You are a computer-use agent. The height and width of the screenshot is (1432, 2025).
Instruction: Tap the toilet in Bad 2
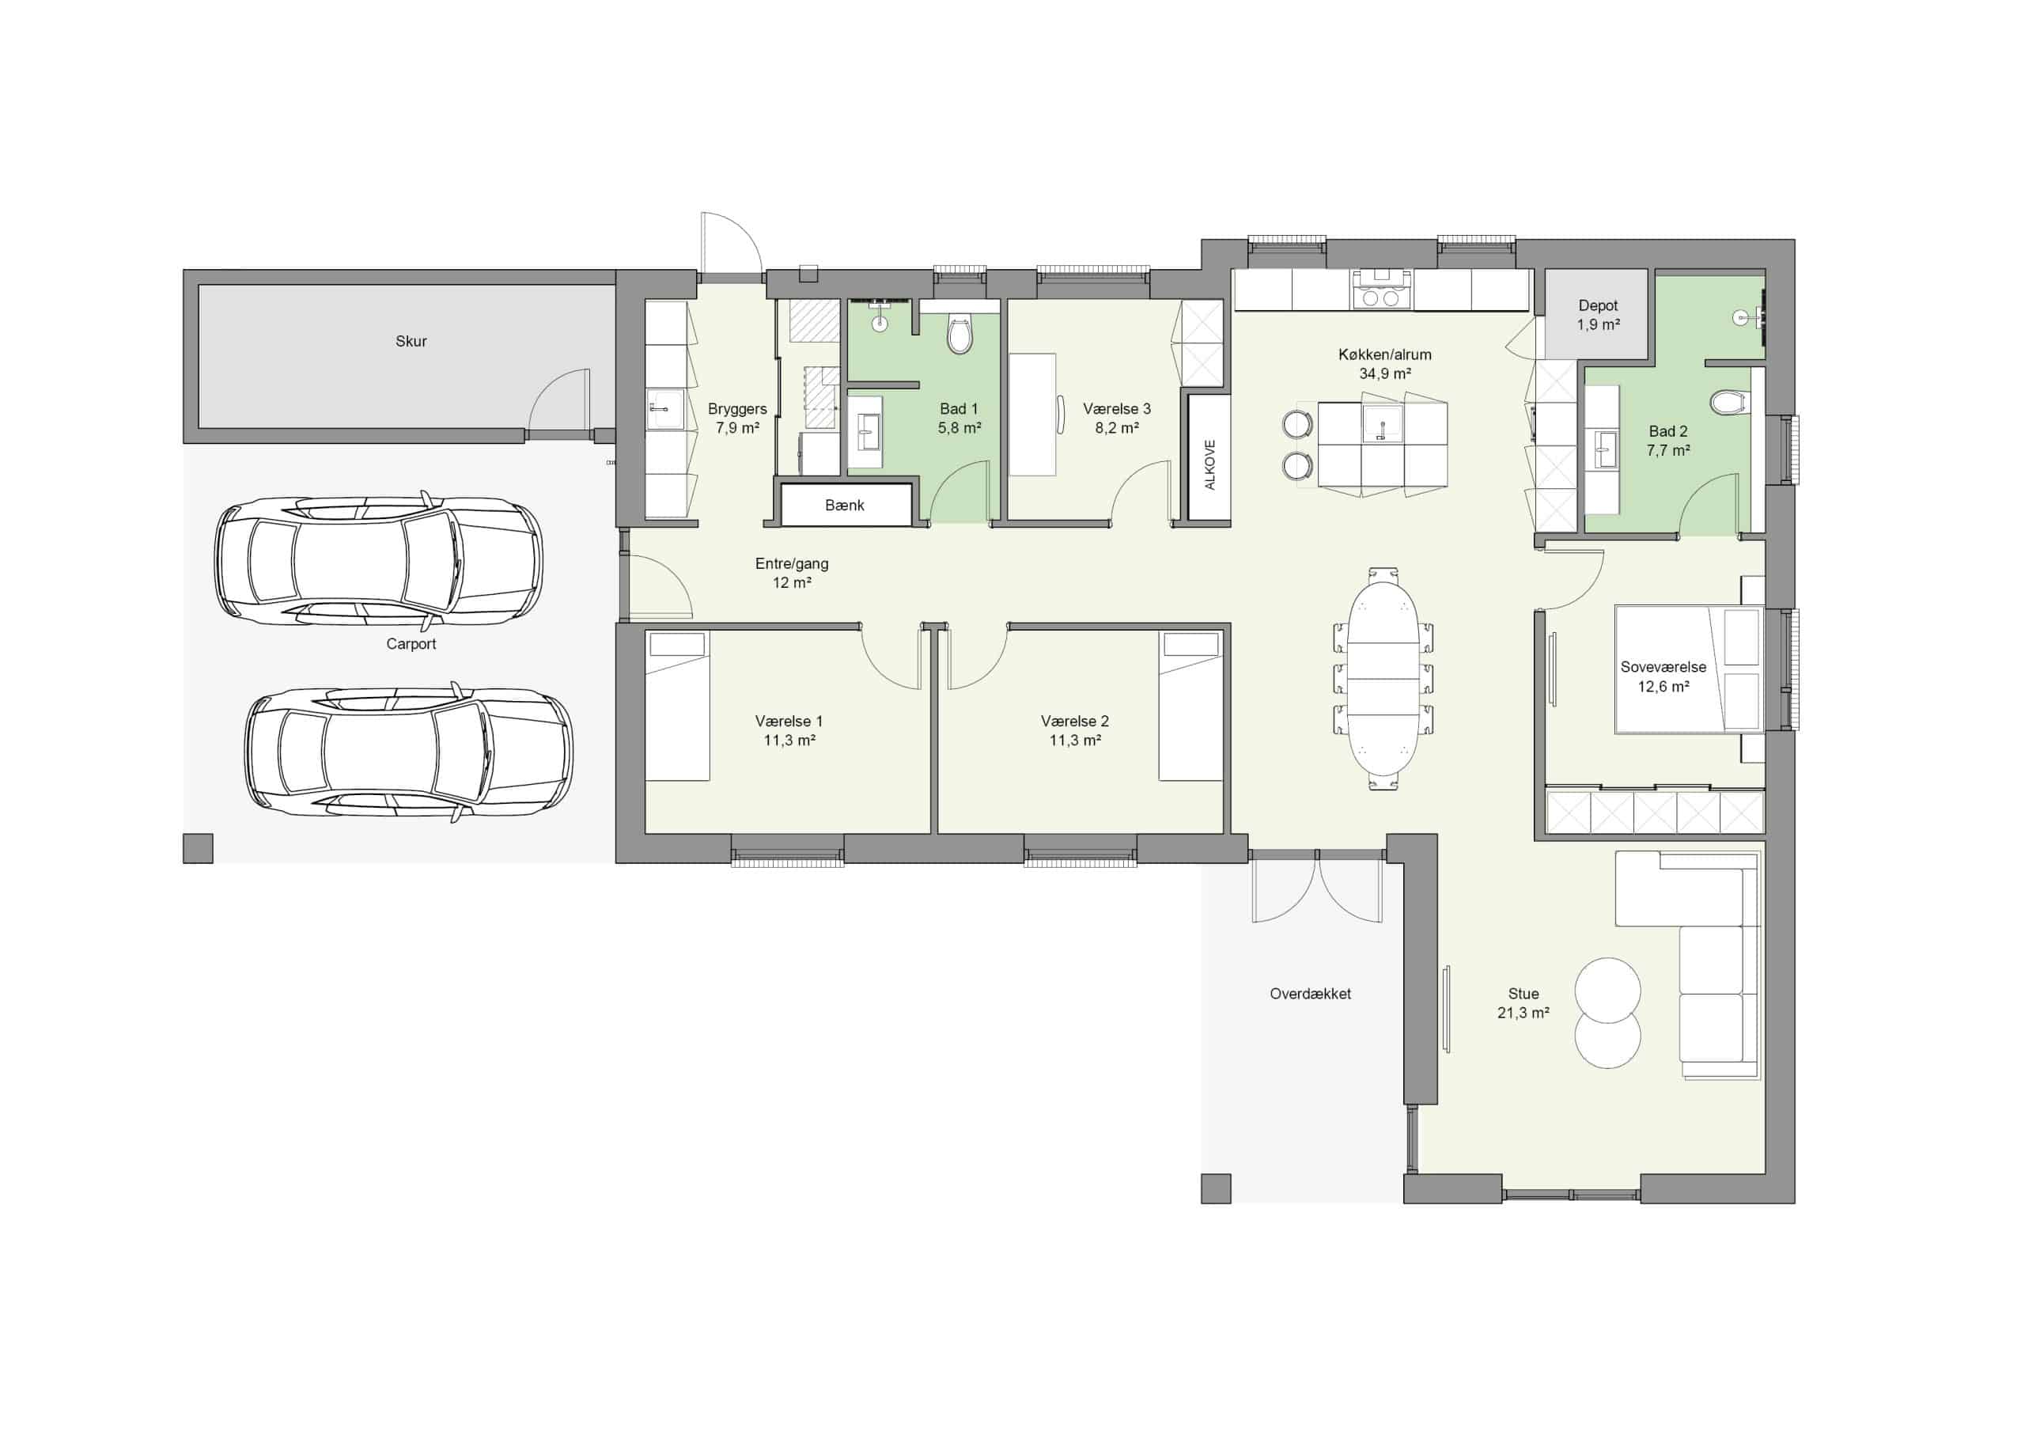1728,404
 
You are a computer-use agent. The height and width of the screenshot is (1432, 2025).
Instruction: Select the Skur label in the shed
411,342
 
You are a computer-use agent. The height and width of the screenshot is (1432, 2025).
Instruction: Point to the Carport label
411,644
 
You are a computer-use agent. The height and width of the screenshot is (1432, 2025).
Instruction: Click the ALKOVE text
1210,465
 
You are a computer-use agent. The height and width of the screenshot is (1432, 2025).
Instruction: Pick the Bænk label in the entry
845,506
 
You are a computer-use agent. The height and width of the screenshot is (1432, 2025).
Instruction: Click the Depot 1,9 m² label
1598,315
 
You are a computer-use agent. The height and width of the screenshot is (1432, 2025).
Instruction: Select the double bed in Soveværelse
1689,669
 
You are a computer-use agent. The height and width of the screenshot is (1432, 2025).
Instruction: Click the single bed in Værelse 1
677,706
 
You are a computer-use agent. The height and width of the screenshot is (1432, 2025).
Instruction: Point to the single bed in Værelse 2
1190,706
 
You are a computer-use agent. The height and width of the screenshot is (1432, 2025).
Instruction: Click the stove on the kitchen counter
1381,290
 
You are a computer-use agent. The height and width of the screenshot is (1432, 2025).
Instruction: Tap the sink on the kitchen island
1383,424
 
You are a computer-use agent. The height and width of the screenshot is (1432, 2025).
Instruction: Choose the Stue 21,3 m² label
1523,1003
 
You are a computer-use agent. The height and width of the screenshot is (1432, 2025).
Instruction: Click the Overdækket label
1311,994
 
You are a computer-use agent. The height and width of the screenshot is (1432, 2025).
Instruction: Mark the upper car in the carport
379,559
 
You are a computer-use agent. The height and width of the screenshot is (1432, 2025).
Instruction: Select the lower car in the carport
408,752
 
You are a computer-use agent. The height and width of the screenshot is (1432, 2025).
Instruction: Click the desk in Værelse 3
1033,415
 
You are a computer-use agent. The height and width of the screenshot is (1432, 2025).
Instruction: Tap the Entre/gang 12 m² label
792,573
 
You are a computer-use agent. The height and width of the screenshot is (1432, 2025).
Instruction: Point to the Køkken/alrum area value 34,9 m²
1385,374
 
